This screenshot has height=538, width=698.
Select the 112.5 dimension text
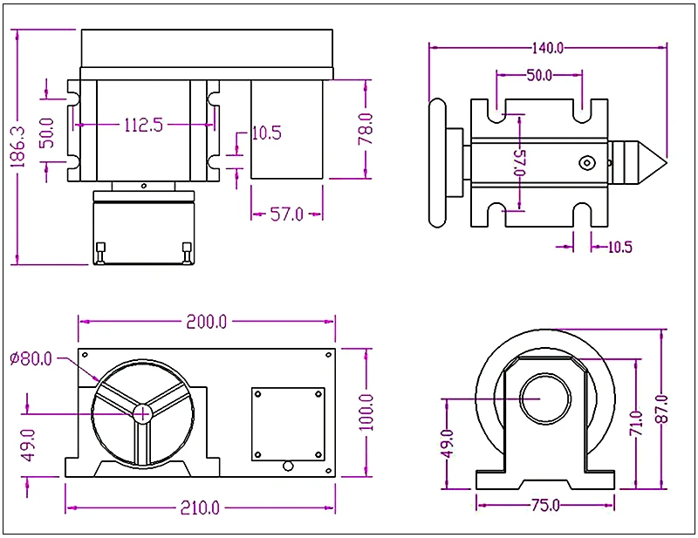(x=144, y=126)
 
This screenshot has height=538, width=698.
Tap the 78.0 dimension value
(x=366, y=128)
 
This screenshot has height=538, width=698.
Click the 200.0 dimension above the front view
(x=207, y=322)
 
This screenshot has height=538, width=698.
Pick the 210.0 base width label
(x=201, y=507)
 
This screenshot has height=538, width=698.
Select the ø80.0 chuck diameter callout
(x=31, y=358)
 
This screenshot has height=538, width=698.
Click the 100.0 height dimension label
(x=366, y=412)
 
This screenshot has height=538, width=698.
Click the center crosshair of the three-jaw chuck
(x=142, y=413)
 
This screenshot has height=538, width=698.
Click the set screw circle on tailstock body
(x=589, y=162)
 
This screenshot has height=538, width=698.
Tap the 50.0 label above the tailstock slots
(x=539, y=75)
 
